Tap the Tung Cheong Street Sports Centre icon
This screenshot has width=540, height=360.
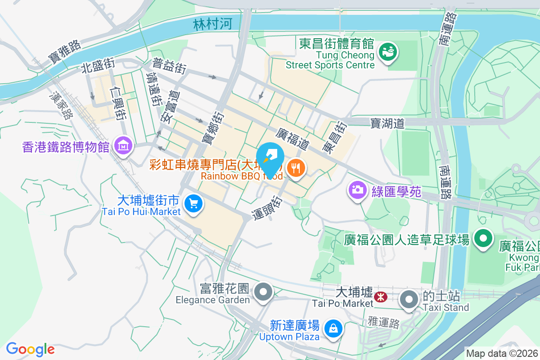[387, 52]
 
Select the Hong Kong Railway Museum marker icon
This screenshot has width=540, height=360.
[122, 146]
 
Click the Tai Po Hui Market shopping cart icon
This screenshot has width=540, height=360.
[193, 203]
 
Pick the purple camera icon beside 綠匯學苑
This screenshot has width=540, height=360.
[358, 190]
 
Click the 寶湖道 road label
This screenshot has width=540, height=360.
[387, 123]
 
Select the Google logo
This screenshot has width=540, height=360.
[30, 349]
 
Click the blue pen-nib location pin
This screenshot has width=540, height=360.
[270, 159]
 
